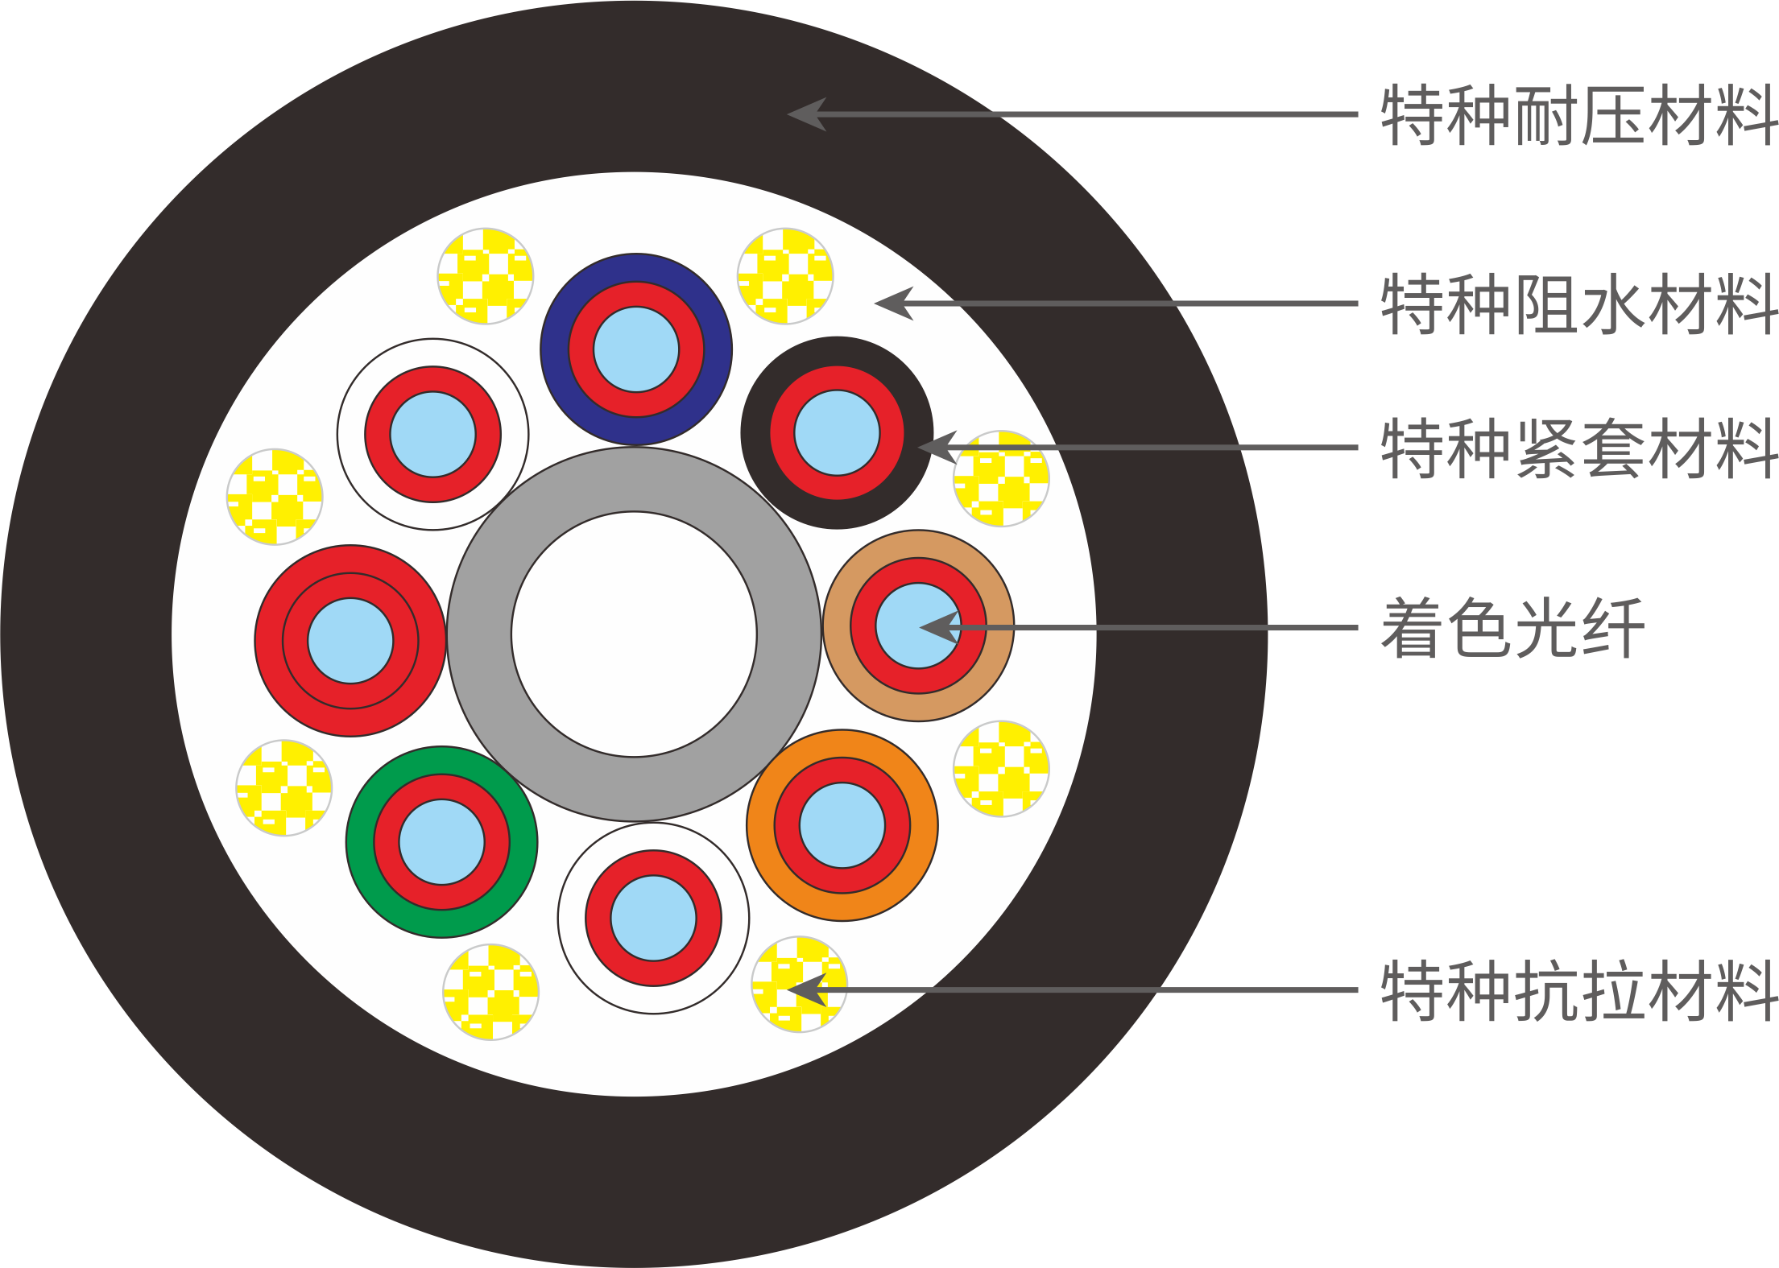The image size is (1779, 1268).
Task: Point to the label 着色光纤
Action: tap(1511, 628)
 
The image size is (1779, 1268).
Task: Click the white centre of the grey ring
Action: tap(634, 634)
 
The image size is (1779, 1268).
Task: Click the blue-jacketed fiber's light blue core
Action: tap(636, 349)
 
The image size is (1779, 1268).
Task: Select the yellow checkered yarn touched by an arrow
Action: tap(799, 984)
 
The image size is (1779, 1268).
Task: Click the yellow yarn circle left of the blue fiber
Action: tap(486, 276)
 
